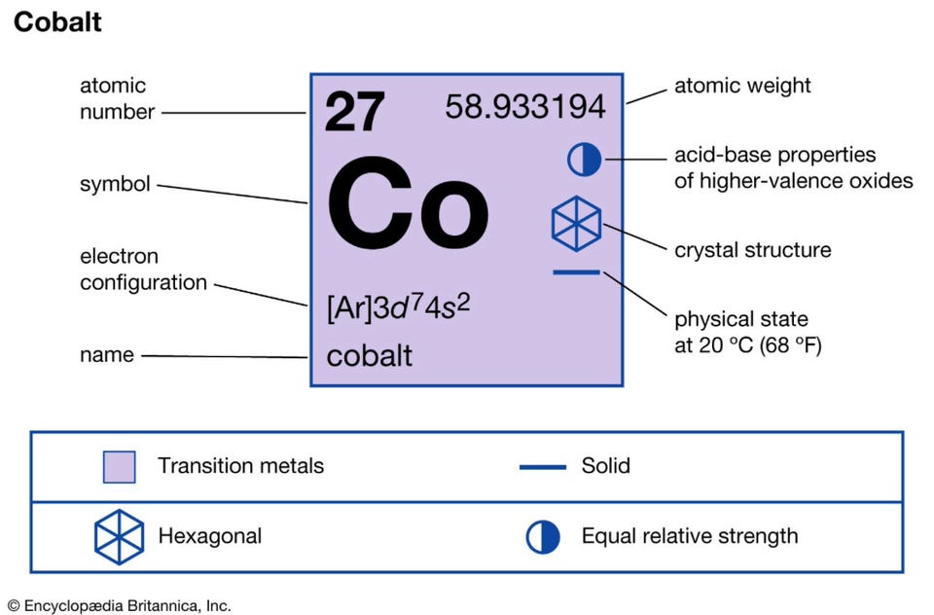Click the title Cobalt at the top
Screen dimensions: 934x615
[x=57, y=22]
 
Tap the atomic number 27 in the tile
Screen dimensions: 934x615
[x=354, y=112]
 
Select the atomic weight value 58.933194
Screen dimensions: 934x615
[x=524, y=107]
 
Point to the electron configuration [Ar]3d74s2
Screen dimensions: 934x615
[x=399, y=307]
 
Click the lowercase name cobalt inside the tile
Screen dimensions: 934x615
[x=370, y=356]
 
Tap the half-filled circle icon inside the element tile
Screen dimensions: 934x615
[x=585, y=160]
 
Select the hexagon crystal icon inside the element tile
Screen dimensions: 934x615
[x=576, y=224]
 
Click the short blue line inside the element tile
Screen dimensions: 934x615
[x=576, y=272]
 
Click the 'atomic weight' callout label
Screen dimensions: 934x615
[x=742, y=86]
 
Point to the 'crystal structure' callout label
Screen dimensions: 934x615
[x=752, y=250]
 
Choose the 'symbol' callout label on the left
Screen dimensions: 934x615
[x=115, y=184]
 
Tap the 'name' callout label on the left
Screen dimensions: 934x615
[x=107, y=355]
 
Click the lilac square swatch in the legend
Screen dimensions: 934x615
[x=119, y=467]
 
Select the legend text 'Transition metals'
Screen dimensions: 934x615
[x=240, y=465]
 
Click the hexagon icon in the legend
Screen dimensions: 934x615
[x=119, y=536]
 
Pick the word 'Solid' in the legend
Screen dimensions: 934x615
[x=605, y=465]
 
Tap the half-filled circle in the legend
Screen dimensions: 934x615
[x=543, y=536]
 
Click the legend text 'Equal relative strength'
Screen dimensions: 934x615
[x=690, y=536]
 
